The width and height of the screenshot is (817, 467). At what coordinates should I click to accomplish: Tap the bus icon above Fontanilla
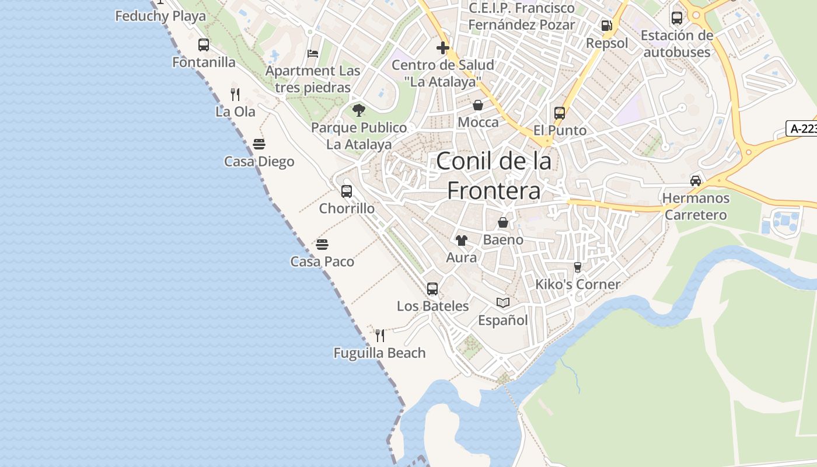204,45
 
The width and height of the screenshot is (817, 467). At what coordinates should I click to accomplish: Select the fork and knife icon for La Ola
235,94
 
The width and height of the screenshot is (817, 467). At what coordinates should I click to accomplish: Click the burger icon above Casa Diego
259,144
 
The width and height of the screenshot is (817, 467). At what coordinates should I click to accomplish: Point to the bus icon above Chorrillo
347,191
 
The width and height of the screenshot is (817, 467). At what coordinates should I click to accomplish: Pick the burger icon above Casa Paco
322,244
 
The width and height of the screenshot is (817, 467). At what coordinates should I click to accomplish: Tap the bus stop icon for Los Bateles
432,288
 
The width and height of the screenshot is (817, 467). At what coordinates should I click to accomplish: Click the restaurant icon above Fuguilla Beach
380,335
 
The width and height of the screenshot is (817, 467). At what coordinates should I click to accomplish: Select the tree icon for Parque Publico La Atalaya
359,110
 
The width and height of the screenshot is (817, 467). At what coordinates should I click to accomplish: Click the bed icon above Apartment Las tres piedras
313,54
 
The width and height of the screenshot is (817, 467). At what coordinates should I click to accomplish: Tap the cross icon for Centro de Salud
443,47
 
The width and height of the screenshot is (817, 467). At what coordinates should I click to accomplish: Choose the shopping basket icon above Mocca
478,105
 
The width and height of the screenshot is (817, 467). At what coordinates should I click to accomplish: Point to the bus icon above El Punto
560,113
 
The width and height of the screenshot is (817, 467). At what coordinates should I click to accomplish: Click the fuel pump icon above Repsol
607,26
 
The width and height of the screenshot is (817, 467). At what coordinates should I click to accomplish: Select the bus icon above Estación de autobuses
677,18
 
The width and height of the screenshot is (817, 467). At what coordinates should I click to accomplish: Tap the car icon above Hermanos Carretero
696,180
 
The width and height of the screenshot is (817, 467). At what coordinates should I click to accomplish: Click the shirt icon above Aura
462,240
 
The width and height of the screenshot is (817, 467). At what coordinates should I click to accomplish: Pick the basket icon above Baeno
503,222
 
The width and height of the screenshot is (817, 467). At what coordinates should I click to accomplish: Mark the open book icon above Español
503,302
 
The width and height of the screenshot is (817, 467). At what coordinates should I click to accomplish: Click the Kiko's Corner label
578,284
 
